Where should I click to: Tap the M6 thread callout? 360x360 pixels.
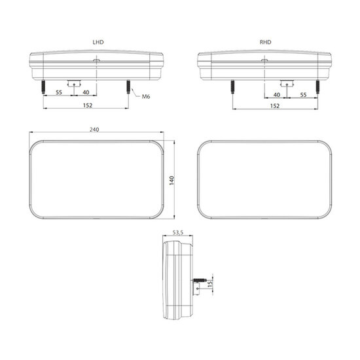pyautogui.click(x=147, y=97)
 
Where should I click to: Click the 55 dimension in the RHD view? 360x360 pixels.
pyautogui.click(x=303, y=95)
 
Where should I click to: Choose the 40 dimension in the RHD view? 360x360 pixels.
pyautogui.click(x=276, y=95)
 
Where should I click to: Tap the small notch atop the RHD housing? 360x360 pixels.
pyautogui.click(x=264, y=61)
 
